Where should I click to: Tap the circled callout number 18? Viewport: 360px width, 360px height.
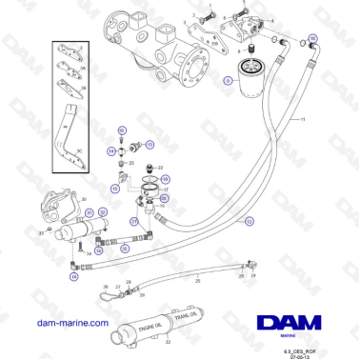click(x=165, y=179)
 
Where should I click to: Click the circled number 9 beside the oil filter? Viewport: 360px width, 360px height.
click(x=228, y=82)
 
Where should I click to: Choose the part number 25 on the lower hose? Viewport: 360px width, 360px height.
click(x=196, y=282)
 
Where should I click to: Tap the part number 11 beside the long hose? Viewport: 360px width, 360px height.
click(x=304, y=118)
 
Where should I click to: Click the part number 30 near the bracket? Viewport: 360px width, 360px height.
click(x=84, y=200)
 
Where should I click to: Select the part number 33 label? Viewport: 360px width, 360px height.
click(x=41, y=230)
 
